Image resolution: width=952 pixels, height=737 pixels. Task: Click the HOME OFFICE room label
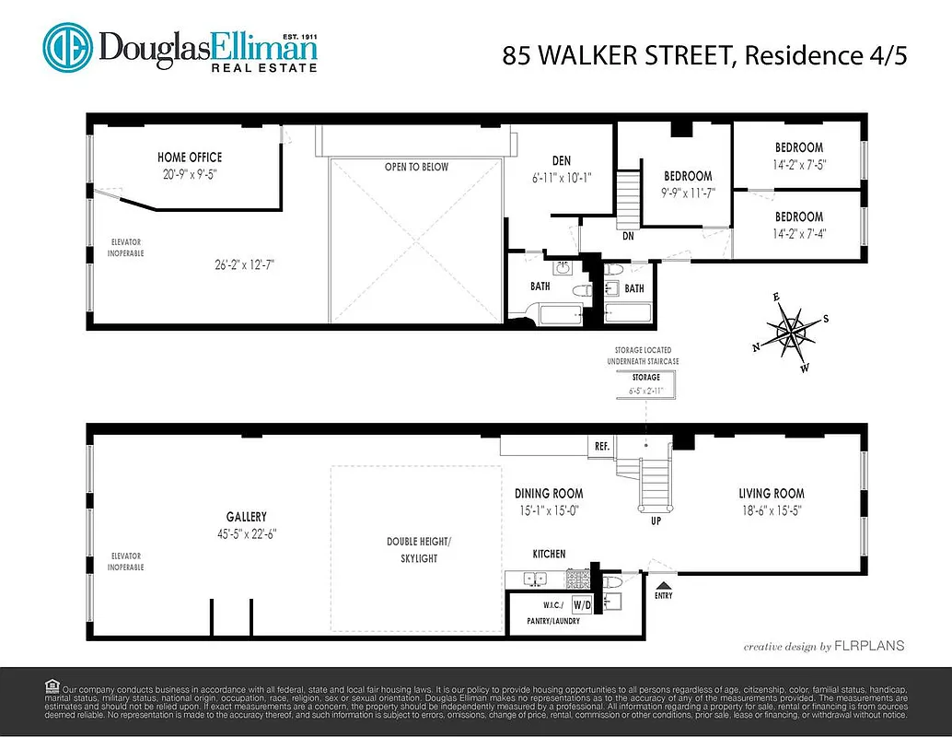point(190,158)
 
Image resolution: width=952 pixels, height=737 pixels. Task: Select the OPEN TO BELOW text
point(416,167)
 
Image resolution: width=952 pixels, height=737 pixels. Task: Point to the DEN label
point(562,161)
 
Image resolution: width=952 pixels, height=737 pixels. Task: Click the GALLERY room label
point(246,517)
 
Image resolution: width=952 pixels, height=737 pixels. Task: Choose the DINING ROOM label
point(549,494)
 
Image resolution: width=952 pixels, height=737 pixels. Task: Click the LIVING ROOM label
point(771,494)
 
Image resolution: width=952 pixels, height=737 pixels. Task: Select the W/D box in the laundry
point(582,605)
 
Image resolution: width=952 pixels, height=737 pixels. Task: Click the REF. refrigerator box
point(602,446)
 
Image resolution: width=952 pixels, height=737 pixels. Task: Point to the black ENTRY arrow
point(663,583)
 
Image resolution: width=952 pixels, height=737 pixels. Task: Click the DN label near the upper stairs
point(627,236)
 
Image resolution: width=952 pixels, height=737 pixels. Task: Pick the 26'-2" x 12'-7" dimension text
point(243,264)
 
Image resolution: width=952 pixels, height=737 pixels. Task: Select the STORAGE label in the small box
point(645,378)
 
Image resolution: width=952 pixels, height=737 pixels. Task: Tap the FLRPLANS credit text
point(870,646)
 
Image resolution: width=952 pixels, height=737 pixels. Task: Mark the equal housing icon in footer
point(51,686)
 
